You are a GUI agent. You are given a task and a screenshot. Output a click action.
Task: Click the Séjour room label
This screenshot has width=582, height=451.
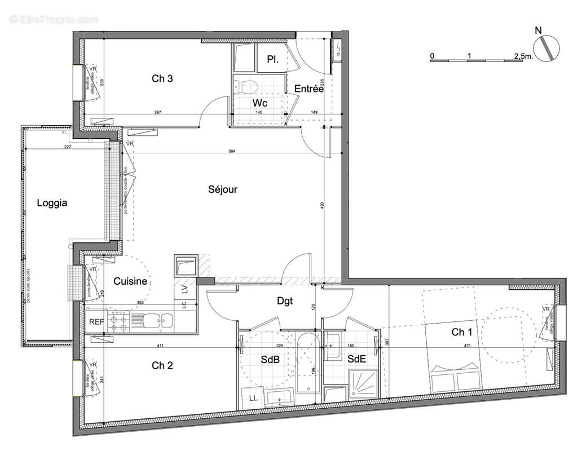click(x=223, y=189)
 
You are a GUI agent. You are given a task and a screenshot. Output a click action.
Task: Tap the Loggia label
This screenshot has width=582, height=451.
click(x=52, y=203)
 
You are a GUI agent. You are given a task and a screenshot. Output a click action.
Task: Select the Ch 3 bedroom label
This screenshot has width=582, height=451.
click(x=162, y=79)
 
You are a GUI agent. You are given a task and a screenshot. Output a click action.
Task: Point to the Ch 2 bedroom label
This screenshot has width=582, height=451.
click(x=162, y=365)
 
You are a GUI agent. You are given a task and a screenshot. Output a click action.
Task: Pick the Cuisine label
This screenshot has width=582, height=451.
click(x=130, y=281)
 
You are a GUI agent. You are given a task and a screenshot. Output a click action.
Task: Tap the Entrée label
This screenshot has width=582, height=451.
click(x=308, y=89)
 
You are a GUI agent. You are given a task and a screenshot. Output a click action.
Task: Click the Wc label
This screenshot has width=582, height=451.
click(x=260, y=103)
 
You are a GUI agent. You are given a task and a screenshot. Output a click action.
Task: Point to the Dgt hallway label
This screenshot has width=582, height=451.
click(x=285, y=301)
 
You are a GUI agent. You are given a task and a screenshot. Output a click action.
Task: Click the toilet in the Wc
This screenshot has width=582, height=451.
click(x=246, y=86)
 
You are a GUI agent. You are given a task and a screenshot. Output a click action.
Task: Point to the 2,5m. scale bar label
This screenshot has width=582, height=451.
click(x=522, y=56)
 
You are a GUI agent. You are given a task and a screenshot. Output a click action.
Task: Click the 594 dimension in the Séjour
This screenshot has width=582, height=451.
click(x=231, y=151)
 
